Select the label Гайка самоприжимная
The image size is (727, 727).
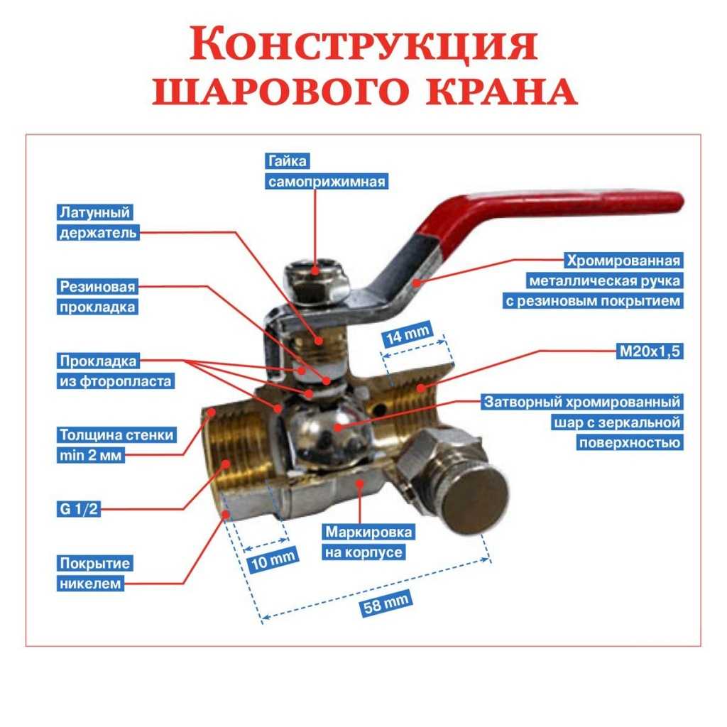[327, 171]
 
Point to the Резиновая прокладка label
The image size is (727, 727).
[97, 297]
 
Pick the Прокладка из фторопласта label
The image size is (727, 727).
[116, 371]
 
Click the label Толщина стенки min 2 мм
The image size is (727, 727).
[116, 445]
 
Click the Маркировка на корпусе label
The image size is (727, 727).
[368, 542]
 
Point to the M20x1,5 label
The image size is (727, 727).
[648, 350]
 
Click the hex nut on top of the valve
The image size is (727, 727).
[315, 282]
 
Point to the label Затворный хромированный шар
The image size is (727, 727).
[582, 422]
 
